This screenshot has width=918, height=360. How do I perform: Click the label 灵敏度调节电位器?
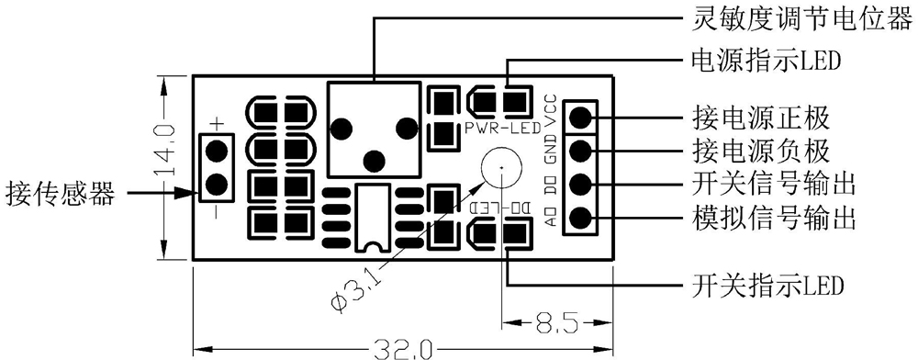pos(802,22)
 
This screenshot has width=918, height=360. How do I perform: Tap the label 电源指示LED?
pos(766,60)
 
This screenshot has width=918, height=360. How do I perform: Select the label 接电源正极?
pos(760,118)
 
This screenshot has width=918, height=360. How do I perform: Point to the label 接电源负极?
pos(760,152)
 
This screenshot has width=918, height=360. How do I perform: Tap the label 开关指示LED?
pos(767,286)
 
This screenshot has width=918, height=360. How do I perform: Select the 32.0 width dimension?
pos(403,350)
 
